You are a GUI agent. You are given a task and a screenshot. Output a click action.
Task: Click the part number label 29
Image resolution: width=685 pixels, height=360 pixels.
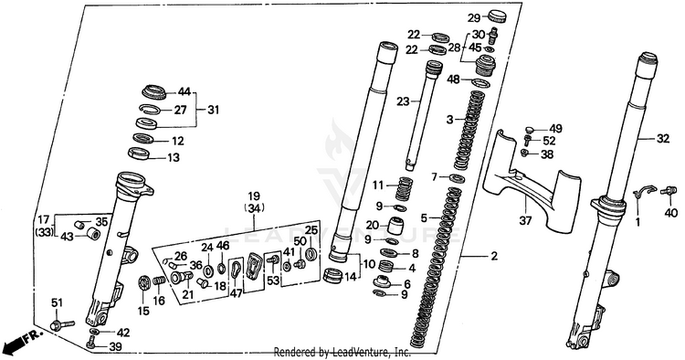pos(474,18)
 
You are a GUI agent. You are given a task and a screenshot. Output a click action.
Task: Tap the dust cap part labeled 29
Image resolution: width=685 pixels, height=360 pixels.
pos(497,16)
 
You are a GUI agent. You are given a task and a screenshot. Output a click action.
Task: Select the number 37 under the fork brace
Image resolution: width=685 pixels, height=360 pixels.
pos(525,221)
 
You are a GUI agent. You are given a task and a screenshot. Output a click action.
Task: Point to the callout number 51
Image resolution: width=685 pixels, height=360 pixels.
pos(58,302)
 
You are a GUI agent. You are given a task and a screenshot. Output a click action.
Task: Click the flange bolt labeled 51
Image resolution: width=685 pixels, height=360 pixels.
pos(62,325)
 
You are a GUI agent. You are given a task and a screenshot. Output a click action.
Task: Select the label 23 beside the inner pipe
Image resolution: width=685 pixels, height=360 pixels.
pos(403,101)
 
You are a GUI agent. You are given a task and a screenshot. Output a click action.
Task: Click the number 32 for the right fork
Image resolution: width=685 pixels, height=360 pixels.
pos(663,139)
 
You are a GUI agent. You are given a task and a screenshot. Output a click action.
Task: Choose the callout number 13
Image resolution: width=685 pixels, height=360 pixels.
pos(174,157)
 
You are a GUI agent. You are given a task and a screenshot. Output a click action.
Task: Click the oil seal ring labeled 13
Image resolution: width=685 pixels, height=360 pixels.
pos(139,154)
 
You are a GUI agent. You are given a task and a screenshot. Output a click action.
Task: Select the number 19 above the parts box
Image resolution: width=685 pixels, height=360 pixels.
pos(254,196)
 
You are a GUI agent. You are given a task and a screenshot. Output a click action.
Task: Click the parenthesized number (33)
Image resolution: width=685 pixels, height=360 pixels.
pos(44,232)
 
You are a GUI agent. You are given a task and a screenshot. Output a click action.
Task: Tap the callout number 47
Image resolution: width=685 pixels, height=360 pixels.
pos(236,293)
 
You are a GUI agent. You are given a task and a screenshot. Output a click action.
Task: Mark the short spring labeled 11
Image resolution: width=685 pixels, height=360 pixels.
pos(405,188)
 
